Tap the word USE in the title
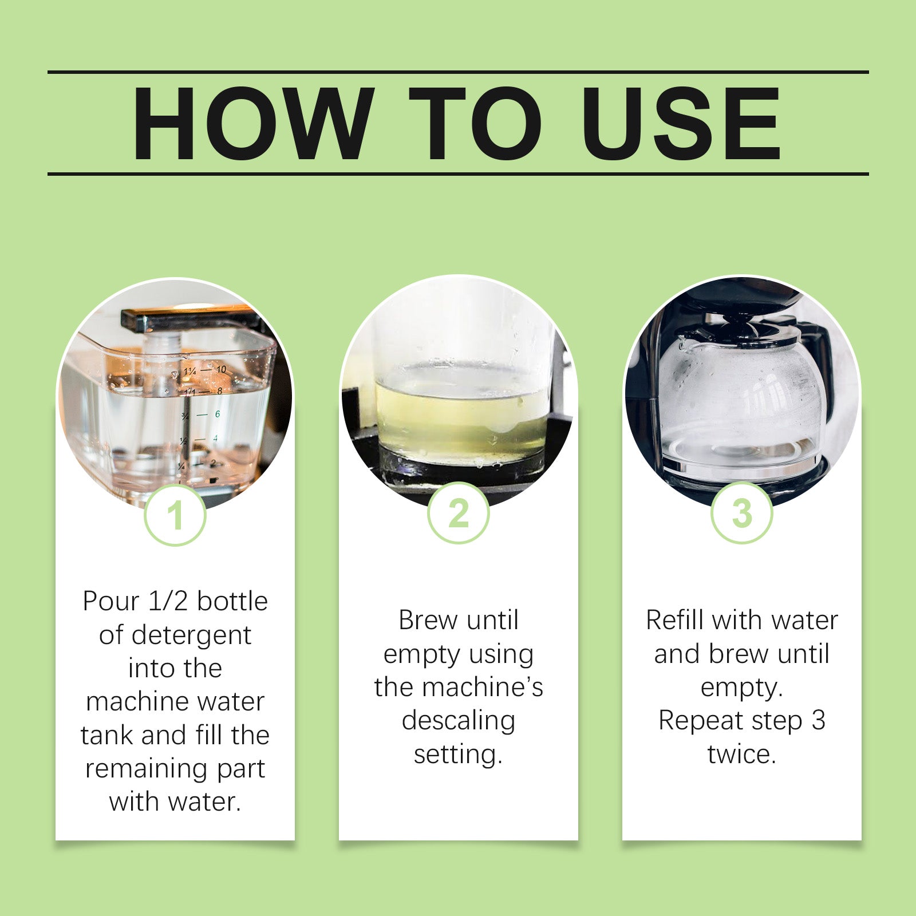(x=681, y=124)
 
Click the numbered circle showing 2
(x=458, y=513)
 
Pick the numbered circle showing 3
(x=741, y=513)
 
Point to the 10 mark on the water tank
(x=221, y=370)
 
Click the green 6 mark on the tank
(x=218, y=414)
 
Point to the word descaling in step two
(x=458, y=720)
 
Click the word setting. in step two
(x=458, y=755)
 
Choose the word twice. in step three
(x=741, y=755)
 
